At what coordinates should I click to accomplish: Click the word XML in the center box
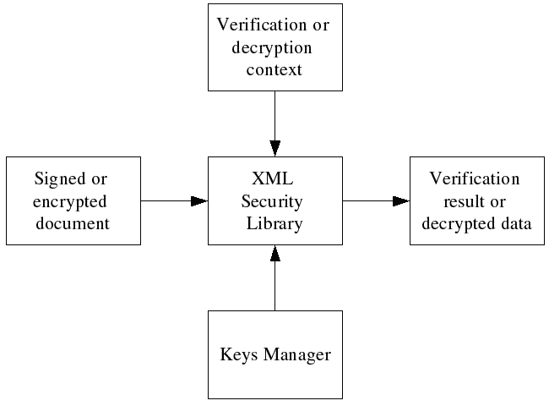(274, 179)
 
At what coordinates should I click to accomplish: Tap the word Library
(274, 223)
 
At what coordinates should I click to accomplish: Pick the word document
(73, 224)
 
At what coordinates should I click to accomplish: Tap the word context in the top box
(274, 69)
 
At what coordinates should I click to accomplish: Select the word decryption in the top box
(274, 47)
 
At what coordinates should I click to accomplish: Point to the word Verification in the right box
(475, 179)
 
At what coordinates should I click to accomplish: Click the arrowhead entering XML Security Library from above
(274, 148)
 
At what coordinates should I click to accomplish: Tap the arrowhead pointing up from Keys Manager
(274, 253)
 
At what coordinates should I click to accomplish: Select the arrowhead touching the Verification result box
(401, 201)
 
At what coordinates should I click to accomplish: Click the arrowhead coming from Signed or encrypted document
(199, 201)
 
